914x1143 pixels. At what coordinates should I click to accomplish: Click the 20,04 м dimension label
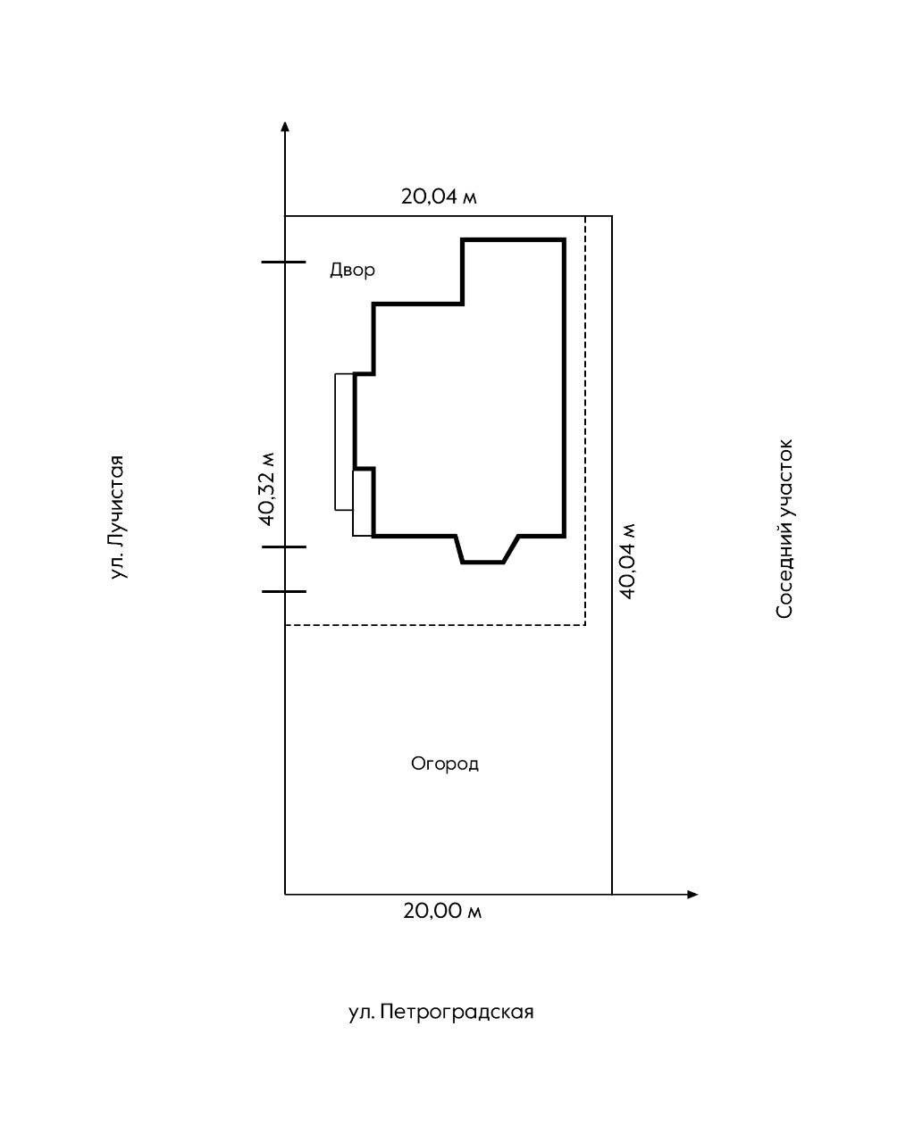[439, 196]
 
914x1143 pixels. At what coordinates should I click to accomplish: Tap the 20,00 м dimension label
[442, 911]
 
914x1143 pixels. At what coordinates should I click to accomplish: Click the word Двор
[352, 270]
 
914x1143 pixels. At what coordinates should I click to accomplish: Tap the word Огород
[445, 763]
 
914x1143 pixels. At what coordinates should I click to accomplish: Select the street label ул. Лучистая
[117, 517]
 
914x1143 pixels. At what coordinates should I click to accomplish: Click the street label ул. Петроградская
[440, 1012]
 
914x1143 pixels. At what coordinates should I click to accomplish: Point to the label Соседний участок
[784, 528]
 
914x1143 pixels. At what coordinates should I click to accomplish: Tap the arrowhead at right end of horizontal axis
[692, 894]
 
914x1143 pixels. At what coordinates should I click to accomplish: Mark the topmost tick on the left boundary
[283, 263]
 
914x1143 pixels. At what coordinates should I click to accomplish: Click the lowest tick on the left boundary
[283, 591]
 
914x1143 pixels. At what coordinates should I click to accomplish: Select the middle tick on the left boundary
[283, 546]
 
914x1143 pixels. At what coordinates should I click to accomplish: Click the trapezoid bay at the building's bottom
[487, 549]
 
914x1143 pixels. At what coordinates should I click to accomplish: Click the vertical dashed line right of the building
[585, 420]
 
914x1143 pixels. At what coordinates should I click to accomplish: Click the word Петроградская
[457, 1012]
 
